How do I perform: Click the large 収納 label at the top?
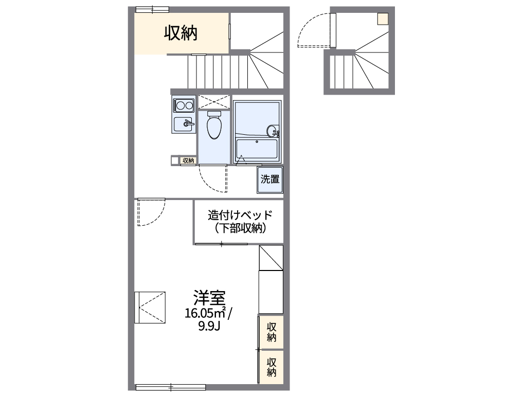[x=181, y=33]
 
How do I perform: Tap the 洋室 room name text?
[x=209, y=298]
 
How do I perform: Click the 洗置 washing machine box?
[x=270, y=179]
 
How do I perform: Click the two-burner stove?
[x=183, y=105]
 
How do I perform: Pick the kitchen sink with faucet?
[x=183, y=124]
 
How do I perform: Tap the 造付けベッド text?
[x=239, y=215]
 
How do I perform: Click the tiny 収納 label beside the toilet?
[x=188, y=160]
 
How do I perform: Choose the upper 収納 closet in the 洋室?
[x=271, y=332]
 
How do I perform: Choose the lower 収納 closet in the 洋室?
[x=271, y=367]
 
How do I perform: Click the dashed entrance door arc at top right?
[x=312, y=31]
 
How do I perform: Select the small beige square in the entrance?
[x=383, y=19]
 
